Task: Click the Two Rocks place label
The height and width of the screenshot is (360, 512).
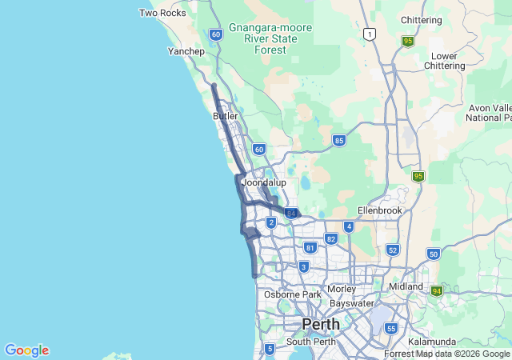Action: (162, 13)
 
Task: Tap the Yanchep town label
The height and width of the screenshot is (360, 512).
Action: (186, 51)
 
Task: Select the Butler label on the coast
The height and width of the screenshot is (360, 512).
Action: (226, 116)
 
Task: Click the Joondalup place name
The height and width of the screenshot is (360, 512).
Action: (264, 183)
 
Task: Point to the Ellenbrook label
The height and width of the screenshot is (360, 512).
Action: (378, 210)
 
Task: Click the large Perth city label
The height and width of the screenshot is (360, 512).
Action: (320, 324)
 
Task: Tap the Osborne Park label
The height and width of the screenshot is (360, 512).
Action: (292, 294)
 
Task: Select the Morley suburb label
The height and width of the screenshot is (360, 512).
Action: (342, 289)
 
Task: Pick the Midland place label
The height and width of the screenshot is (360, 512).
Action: (406, 286)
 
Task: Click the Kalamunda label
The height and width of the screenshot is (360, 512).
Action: (431, 342)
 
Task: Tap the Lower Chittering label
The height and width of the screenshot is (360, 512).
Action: (444, 62)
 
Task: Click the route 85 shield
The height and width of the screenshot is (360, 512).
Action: (339, 140)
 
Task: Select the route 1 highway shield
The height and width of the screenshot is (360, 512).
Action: (368, 34)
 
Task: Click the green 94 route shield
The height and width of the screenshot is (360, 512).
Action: (437, 290)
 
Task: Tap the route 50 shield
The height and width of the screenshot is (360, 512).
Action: (434, 254)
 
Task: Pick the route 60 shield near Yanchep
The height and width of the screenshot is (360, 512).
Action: (216, 34)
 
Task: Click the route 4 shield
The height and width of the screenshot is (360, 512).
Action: (348, 226)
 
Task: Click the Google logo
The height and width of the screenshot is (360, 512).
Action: (26, 350)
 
